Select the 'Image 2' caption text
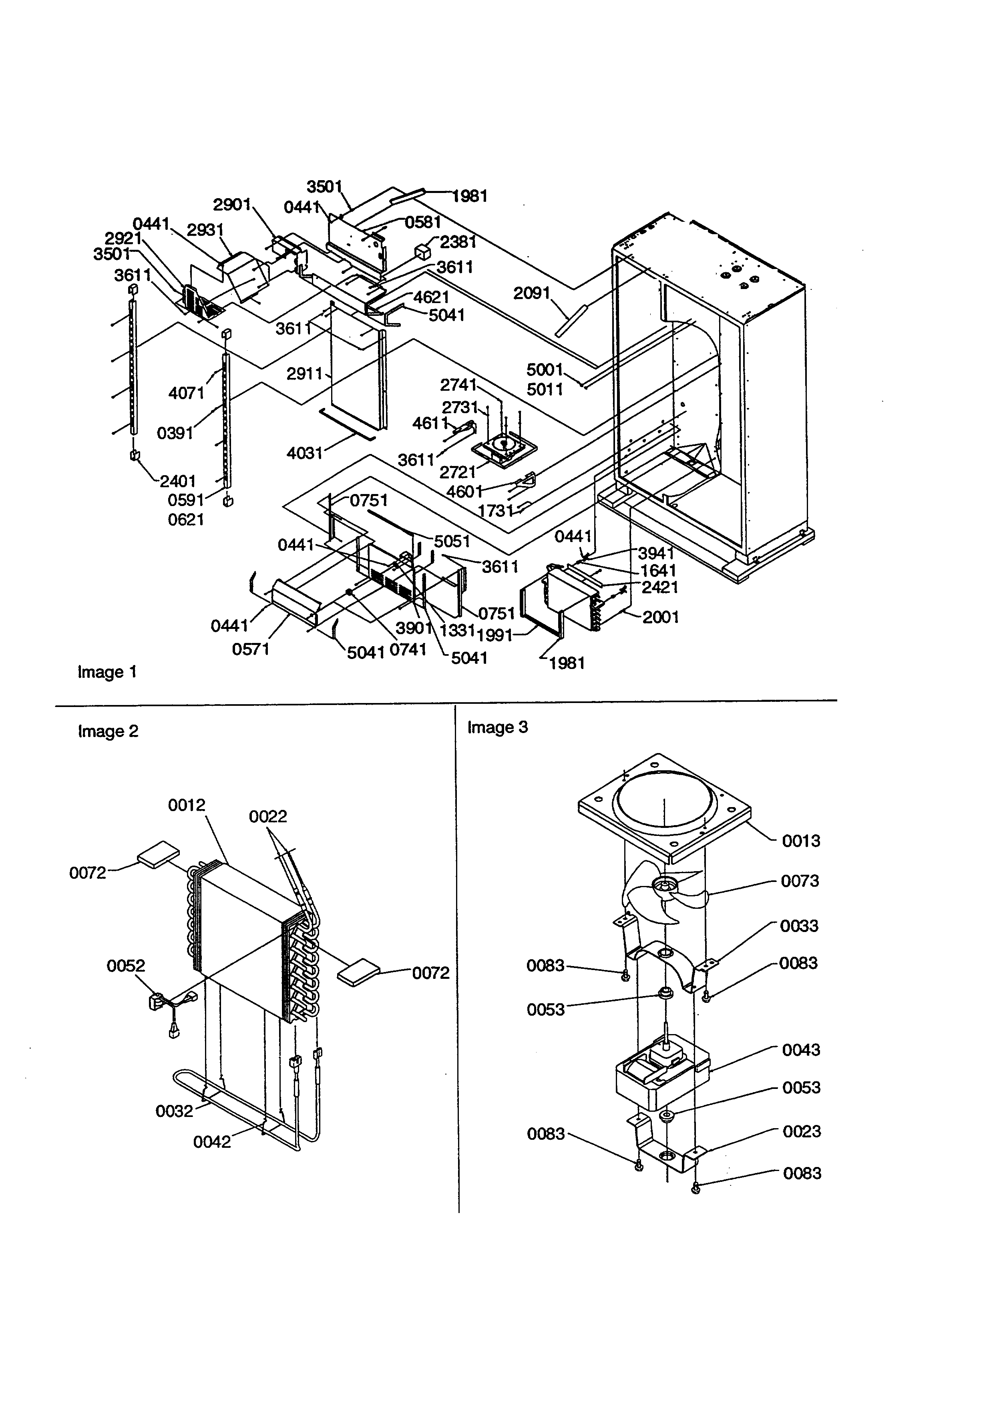pos(108,731)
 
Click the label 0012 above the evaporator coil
pos(187,805)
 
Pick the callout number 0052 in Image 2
pos(126,966)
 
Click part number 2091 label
pos(532,293)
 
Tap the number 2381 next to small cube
pos(458,242)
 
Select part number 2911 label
pos(304,373)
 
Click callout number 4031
pos(304,453)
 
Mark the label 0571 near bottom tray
pos(251,649)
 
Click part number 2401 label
pos(178,481)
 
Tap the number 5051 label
pos(452,541)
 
